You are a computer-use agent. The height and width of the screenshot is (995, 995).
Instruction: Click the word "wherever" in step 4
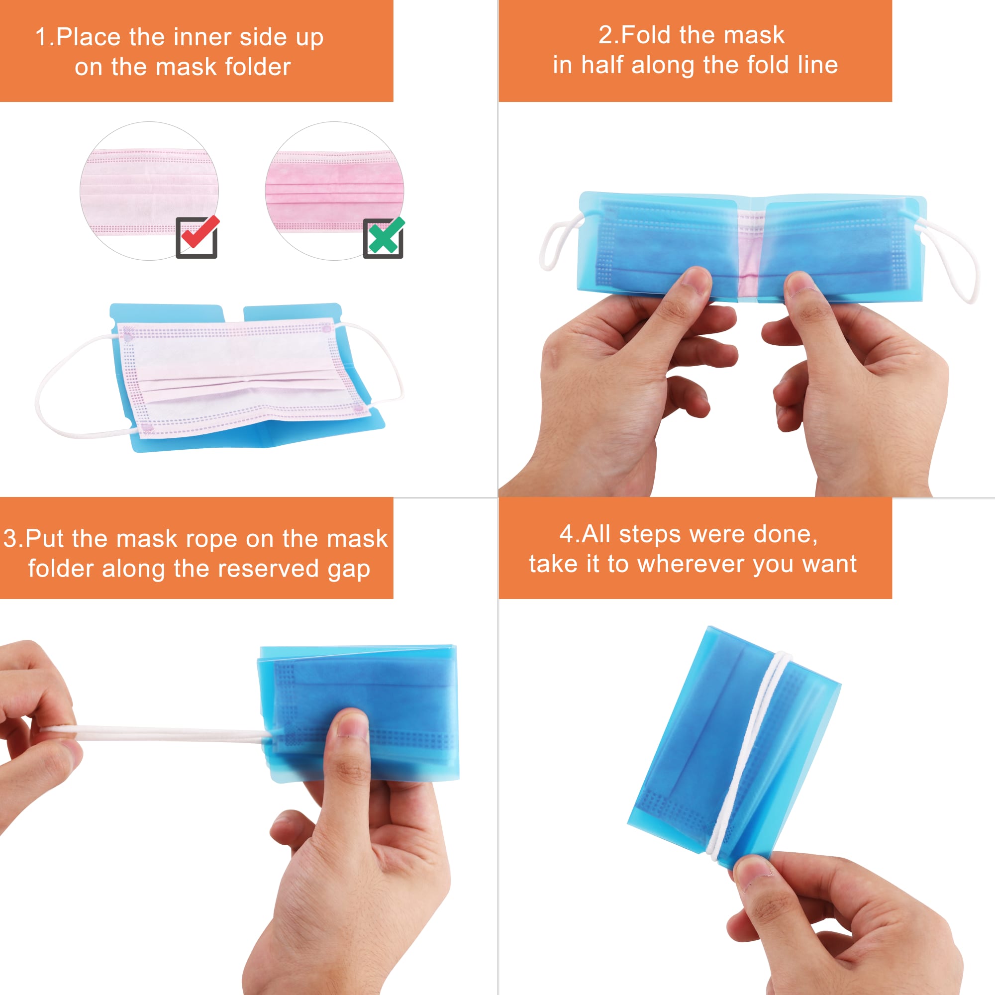[692, 564]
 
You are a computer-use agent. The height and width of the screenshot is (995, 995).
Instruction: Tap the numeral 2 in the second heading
[606, 35]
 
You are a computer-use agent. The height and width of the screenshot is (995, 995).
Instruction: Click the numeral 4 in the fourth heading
[567, 534]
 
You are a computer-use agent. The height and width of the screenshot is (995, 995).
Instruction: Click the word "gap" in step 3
[349, 570]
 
